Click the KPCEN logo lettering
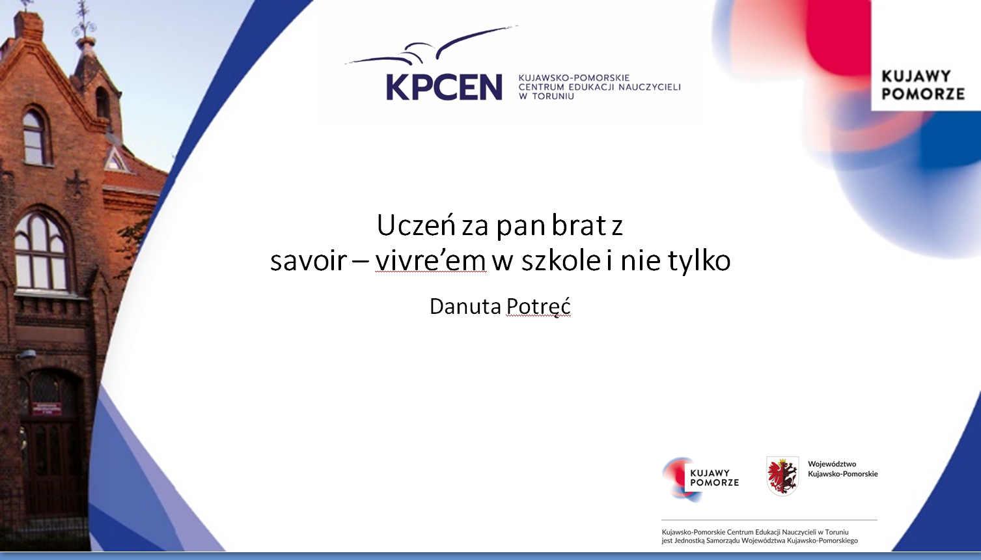[x=444, y=87]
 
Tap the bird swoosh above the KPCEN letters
[x=432, y=47]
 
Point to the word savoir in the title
[x=309, y=260]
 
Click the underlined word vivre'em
[x=430, y=260]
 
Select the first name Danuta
[x=465, y=306]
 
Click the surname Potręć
[x=538, y=306]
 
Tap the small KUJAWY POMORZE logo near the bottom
[x=700, y=479]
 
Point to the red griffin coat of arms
[x=782, y=476]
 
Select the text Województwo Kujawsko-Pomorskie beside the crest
[x=843, y=469]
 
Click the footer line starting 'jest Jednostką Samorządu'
[x=760, y=540]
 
